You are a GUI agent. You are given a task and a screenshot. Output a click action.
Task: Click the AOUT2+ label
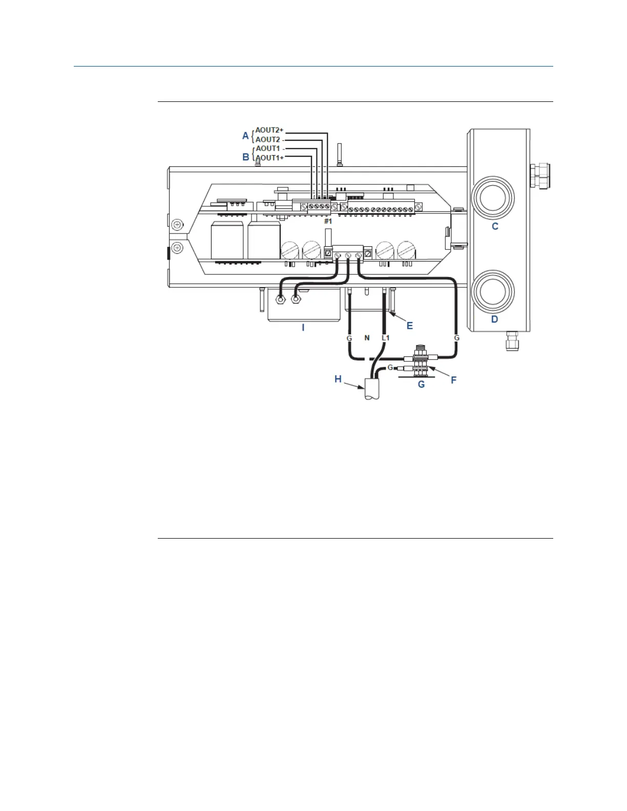tap(269, 131)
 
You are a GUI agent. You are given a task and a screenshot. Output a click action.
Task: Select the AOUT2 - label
tap(269, 139)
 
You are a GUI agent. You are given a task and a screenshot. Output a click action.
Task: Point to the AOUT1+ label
tap(269, 158)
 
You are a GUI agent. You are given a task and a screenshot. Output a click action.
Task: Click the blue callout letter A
tap(245, 136)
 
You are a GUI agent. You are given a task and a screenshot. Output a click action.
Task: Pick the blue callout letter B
tap(245, 157)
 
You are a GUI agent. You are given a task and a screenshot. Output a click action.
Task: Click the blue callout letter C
tap(495, 226)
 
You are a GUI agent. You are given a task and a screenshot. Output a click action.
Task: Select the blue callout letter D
tap(494, 319)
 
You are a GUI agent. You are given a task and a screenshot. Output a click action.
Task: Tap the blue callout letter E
tap(410, 326)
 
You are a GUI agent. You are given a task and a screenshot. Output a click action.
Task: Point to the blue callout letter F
tap(453, 380)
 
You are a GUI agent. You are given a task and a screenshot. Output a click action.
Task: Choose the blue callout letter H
tap(338, 379)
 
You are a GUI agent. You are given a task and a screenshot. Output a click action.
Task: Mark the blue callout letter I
tap(303, 327)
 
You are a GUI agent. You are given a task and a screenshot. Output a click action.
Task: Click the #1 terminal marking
tap(328, 221)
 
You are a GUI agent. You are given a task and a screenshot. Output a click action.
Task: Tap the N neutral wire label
tap(367, 338)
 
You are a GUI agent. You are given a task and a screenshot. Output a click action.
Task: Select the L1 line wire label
tap(386, 338)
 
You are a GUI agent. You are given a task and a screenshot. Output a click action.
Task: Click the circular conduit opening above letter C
tap(492, 198)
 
